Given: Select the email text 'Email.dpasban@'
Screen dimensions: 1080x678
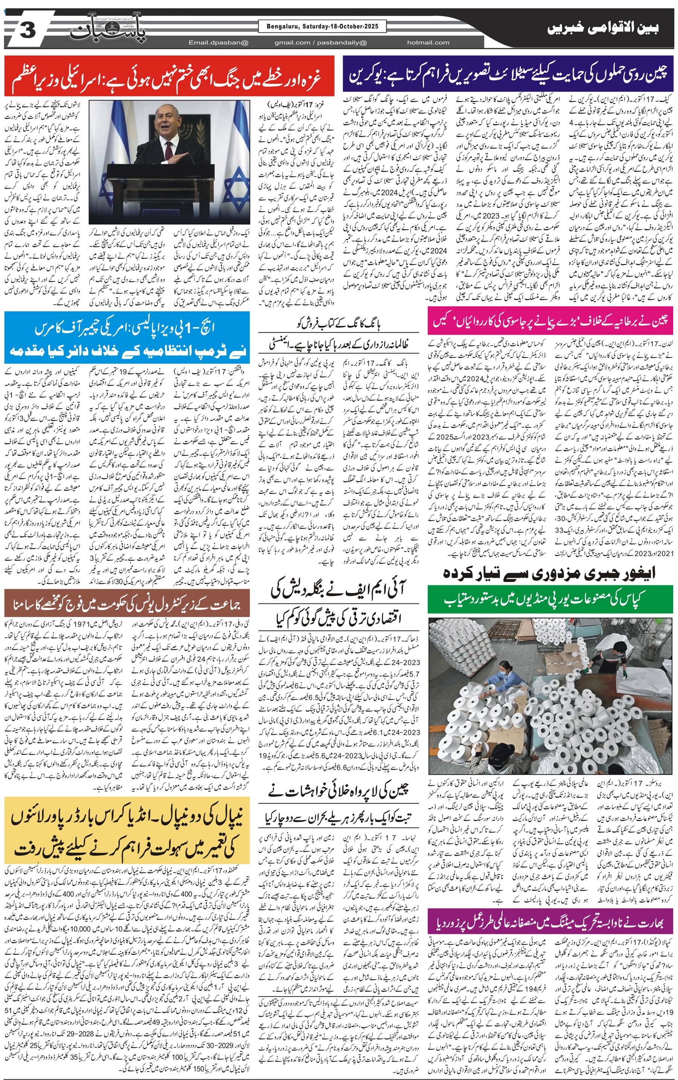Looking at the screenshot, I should click(218, 43).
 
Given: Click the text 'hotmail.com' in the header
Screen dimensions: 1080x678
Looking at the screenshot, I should click(428, 43).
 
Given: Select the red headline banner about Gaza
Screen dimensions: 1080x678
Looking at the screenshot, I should click(169, 75).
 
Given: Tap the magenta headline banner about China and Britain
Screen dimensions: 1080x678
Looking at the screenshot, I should click(550, 320).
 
